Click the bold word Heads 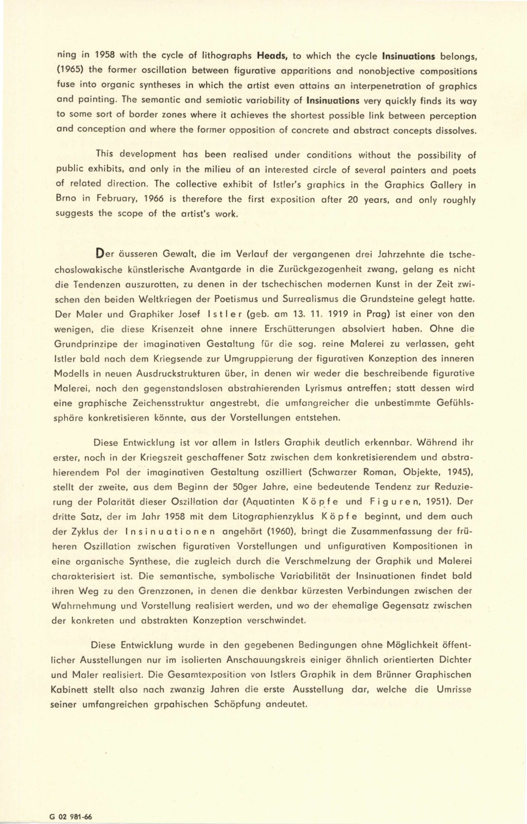tap(272, 55)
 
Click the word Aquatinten tap(269, 502)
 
